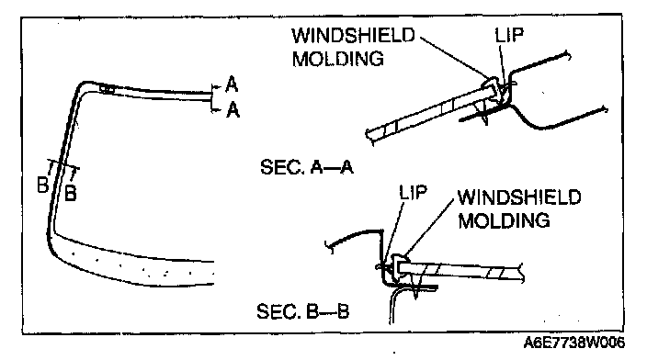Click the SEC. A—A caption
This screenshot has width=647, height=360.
point(307,167)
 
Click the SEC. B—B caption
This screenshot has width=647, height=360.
point(303,311)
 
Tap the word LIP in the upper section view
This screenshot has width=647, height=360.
point(509,36)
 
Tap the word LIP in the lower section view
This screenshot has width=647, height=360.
point(413,193)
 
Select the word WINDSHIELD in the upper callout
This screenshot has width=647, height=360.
point(353,36)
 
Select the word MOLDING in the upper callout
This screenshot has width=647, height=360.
point(338,59)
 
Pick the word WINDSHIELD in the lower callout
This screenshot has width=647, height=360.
point(520,197)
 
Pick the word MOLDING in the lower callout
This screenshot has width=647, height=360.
point(505,220)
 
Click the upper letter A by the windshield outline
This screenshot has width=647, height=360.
point(232,84)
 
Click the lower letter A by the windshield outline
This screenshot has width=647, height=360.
point(233,110)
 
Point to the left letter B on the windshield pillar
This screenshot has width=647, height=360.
point(42,185)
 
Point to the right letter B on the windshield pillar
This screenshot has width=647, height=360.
point(71,193)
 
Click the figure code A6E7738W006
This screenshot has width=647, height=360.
point(574,343)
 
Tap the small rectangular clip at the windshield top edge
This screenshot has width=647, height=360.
point(107,89)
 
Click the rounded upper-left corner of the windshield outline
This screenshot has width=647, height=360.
point(81,87)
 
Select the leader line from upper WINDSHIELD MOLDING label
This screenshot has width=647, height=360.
point(455,58)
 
